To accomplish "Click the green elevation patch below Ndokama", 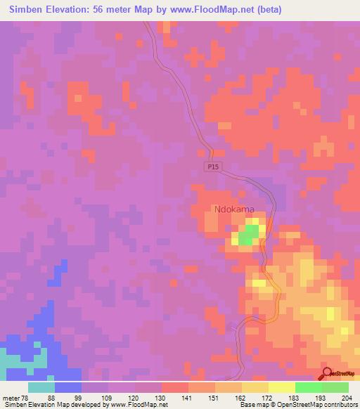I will point(246,237).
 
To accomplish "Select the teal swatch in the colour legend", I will point(41,387).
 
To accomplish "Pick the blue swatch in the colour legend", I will point(68,387).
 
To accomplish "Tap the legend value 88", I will point(51,397).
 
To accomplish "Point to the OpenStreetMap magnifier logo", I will point(327,375).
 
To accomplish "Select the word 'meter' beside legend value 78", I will point(12,397).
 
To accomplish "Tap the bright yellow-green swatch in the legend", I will point(309,387).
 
